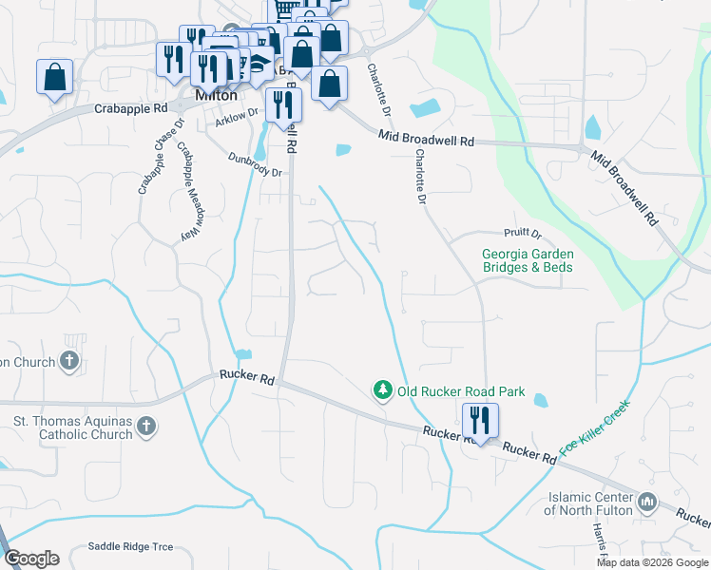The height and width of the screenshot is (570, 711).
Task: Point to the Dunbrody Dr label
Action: point(256,166)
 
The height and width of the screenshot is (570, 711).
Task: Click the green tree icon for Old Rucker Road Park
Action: point(382,390)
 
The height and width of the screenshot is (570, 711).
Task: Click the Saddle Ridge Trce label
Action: point(130,546)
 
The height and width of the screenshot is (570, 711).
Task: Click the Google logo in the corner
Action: point(31,559)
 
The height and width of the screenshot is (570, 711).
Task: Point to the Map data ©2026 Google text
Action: point(652,562)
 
